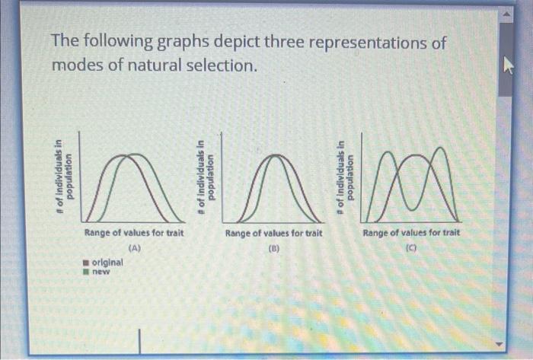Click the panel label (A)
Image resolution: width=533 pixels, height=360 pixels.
tap(135, 248)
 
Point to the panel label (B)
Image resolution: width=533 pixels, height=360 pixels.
tap(273, 248)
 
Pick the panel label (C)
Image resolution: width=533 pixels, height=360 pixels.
tap(411, 248)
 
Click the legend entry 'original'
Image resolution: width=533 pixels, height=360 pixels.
tap(104, 262)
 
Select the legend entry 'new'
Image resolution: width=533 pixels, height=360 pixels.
tap(97, 272)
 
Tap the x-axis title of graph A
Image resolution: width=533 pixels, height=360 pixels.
tap(134, 233)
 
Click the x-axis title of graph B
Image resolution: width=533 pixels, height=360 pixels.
tap(273, 234)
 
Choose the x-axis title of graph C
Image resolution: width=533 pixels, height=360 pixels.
tap(411, 233)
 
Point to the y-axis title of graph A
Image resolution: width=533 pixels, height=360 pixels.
tap(64, 177)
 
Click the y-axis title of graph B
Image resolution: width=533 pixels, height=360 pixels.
tap(206, 177)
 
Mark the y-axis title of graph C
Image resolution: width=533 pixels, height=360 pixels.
tap(343, 177)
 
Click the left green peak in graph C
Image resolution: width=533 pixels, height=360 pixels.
tap(388, 152)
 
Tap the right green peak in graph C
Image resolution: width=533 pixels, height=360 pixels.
tap(441, 148)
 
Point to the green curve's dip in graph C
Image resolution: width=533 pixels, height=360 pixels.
tap(411, 209)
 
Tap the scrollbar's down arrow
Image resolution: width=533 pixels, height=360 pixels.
tap(499, 344)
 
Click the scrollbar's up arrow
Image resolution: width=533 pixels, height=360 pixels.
tap(506, 14)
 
